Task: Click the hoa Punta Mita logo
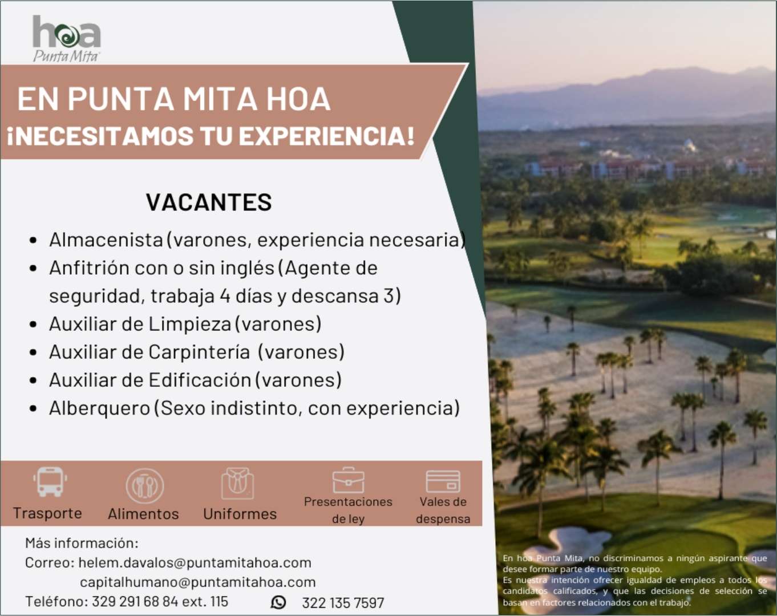coord(66,39)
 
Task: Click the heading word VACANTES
coord(209,202)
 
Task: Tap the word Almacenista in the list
coord(106,240)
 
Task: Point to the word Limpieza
coord(190,324)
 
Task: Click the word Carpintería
coord(199,352)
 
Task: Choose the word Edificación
coord(200,380)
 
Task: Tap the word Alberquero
coord(100,408)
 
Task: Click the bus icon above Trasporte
coord(50,482)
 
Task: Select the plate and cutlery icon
coord(144,485)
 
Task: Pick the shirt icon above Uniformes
coord(237,483)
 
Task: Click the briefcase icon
coord(349,480)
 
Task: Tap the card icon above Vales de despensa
coord(443,481)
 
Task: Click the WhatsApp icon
coord(278,602)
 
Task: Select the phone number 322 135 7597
coord(343,603)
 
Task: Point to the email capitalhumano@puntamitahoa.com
coord(198,582)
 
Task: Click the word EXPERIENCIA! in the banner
coord(326,136)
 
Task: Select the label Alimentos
coord(143,514)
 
